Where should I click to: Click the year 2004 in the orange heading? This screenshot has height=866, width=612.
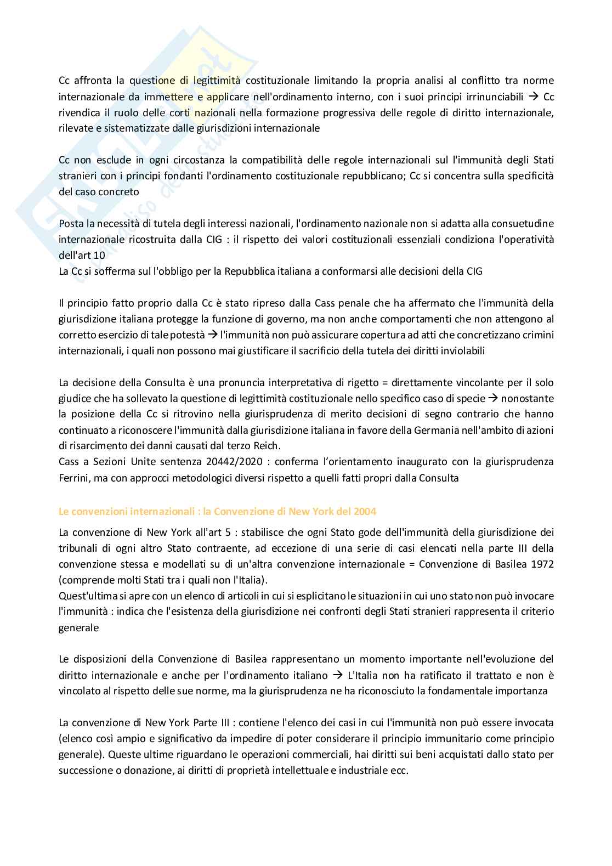click(364, 512)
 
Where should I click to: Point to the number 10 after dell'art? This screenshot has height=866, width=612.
click(99, 256)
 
